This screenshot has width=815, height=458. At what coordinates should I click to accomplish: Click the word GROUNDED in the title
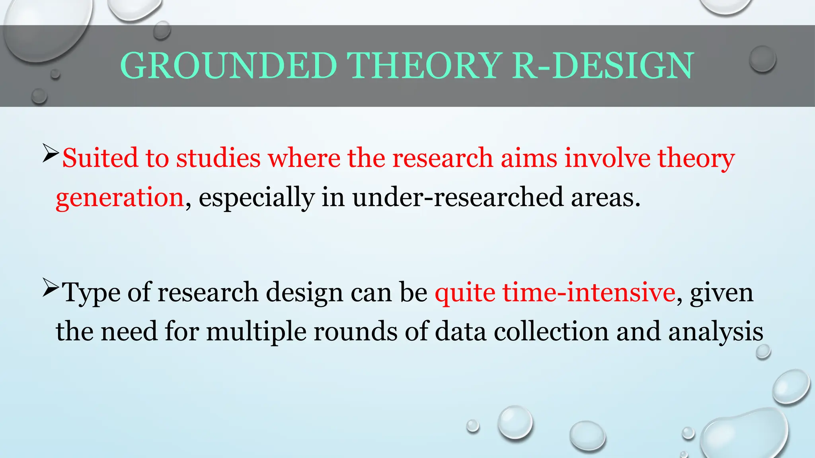tap(228, 66)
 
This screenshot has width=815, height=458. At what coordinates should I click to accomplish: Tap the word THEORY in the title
tap(424, 66)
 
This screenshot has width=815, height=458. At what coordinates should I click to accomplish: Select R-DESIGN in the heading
tap(602, 66)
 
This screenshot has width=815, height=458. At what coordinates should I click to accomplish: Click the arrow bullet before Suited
tap(51, 154)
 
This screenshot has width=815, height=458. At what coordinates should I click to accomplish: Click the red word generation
tap(119, 197)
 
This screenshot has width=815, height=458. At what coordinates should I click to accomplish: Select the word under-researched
tap(458, 197)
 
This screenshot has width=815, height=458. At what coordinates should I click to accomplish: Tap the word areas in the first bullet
tap(605, 197)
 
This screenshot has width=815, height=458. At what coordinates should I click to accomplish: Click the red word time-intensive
tap(589, 293)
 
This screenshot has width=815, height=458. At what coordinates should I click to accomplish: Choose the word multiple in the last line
tap(256, 332)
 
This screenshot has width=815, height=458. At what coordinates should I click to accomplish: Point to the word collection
tap(551, 332)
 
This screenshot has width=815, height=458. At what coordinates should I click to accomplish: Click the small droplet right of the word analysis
tap(763, 351)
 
